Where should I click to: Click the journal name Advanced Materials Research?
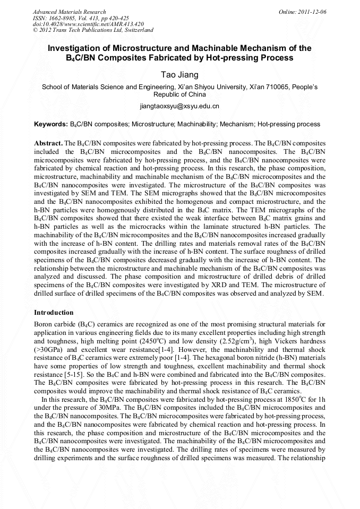(x=69, y=12)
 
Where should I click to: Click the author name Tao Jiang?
(x=179, y=74)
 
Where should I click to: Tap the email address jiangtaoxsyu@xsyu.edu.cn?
(x=179, y=106)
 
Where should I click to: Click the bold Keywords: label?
(x=51, y=125)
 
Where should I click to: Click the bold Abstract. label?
(x=48, y=144)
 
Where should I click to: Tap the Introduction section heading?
(x=54, y=313)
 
